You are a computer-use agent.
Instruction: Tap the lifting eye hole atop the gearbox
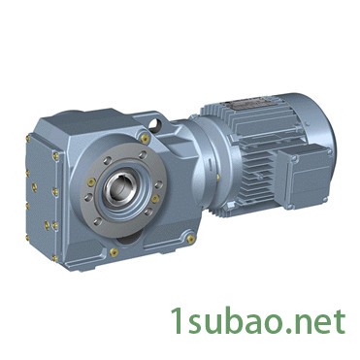[x=156, y=123]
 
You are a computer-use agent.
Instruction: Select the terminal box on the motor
[x=305, y=177]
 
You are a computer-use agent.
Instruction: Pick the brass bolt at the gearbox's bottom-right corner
[x=190, y=239]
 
